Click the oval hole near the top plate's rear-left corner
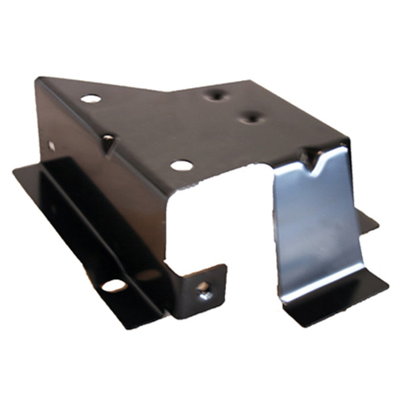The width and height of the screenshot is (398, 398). point(90,98)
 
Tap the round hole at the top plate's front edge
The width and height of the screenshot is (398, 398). point(181,165)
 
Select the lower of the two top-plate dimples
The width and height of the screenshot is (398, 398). point(248,118)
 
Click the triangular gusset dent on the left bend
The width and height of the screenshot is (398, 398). point(108,139)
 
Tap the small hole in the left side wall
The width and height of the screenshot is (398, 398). point(52,146)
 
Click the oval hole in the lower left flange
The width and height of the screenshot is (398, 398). point(114,285)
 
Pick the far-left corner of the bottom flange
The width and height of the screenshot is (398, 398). point(15,172)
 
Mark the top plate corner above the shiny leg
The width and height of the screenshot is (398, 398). point(346,140)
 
